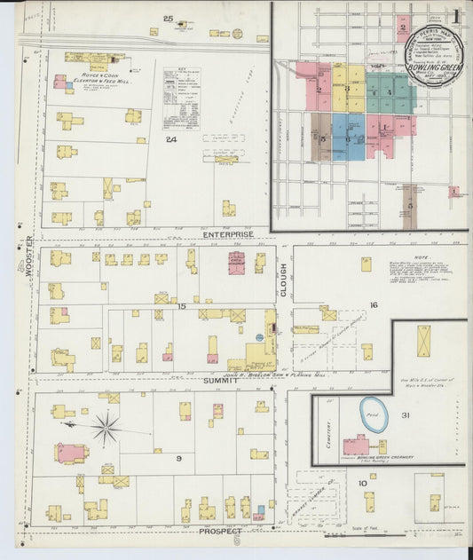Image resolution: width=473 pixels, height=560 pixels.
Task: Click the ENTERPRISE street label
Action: tap(228, 235)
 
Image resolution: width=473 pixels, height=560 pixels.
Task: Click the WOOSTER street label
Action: tap(30, 257)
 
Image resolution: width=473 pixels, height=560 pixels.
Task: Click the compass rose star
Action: tap(106, 430)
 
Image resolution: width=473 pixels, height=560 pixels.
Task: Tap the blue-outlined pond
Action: tap(372, 415)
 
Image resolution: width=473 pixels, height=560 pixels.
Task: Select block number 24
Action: tap(171, 139)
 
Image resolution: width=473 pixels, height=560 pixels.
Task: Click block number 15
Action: tap(181, 307)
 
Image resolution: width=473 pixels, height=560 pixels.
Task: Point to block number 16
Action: tap(374, 304)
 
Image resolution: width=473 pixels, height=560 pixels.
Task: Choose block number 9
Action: tap(178, 458)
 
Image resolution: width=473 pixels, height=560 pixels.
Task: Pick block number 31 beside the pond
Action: tap(405, 416)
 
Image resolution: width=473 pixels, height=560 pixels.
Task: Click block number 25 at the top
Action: tap(168, 19)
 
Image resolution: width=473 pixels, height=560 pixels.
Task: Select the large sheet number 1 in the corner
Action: tap(454, 16)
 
